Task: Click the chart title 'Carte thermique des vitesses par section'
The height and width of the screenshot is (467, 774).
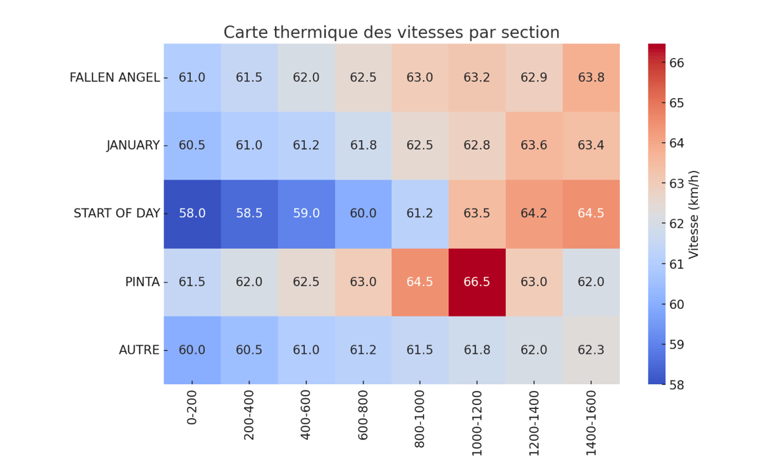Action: pos(391,32)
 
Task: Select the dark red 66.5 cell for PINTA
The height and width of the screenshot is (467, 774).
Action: pos(477,282)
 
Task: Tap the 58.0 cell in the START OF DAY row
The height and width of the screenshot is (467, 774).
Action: pos(192,213)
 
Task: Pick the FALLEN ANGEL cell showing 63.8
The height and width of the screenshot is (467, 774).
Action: pos(591,77)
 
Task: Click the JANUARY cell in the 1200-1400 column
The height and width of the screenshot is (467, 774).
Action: pos(534,145)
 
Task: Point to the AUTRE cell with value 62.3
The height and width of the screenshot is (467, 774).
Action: pos(591,350)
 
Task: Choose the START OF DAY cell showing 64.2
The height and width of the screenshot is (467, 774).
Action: pos(534,213)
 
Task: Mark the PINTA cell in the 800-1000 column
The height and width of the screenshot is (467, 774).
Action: pos(419,282)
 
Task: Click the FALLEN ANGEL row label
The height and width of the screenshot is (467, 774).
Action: pos(115,77)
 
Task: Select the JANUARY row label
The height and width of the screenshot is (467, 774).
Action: pos(133,145)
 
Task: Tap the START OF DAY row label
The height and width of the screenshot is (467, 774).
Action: pos(117,213)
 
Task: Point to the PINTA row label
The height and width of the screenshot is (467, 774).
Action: pos(142,282)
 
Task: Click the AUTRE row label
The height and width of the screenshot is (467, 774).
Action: pos(139,350)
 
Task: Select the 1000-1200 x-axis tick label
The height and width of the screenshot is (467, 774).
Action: pos(477,426)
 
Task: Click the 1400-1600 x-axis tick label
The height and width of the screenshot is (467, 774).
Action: pos(591,426)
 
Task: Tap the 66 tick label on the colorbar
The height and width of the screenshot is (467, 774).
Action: pos(677,63)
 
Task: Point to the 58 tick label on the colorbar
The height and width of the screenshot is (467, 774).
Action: pos(677,384)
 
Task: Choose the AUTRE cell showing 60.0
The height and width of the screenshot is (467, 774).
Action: pos(192,350)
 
